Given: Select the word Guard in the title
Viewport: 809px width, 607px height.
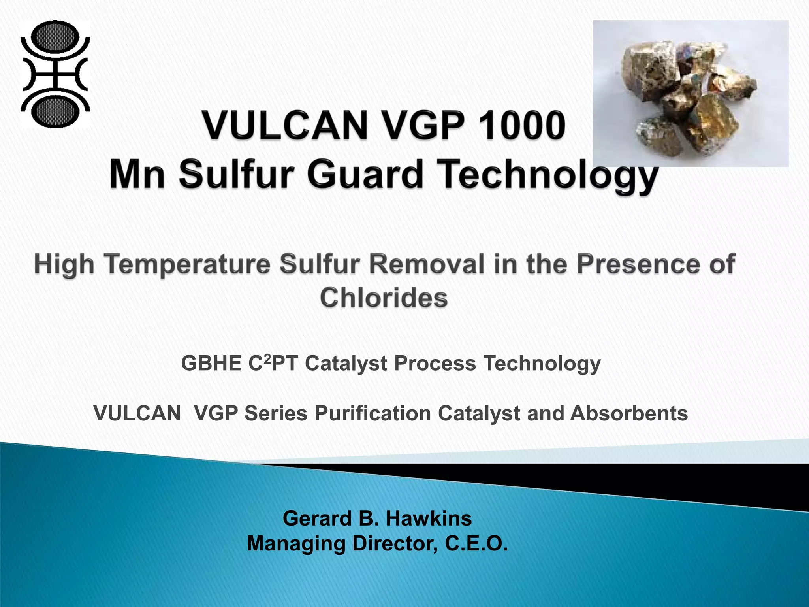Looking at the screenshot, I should (365, 174).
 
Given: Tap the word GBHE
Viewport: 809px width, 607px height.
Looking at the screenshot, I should (211, 363).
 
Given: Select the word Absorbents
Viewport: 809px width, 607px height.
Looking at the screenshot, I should (629, 413).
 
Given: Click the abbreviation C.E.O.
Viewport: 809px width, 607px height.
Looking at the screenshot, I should (476, 543).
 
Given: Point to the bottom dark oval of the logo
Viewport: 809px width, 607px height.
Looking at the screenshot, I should (55, 111).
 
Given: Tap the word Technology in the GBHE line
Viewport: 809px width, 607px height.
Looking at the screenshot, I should (542, 364).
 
